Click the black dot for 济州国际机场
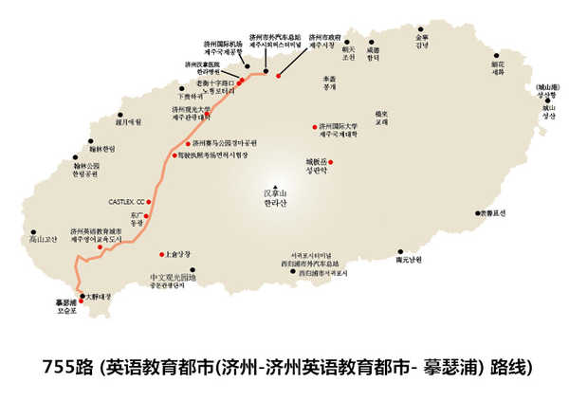coord(248,67)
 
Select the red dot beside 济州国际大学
coord(315,127)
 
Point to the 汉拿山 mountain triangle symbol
coord(273,185)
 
